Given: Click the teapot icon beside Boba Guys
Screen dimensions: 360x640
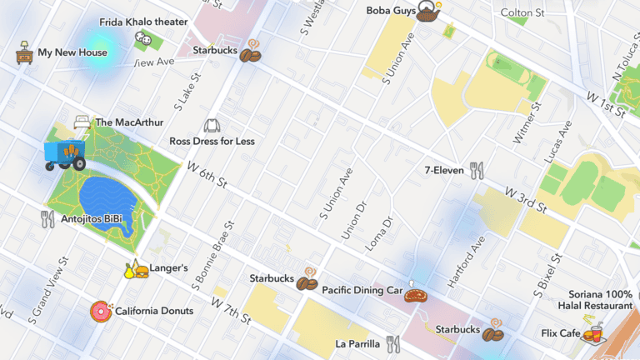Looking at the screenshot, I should [429, 12].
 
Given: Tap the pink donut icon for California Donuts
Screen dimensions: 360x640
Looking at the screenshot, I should [101, 312].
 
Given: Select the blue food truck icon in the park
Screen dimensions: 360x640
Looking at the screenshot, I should [64, 155].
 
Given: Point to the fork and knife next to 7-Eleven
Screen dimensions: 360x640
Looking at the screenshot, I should [477, 171].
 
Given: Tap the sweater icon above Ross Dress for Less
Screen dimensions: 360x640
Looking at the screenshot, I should [212, 126].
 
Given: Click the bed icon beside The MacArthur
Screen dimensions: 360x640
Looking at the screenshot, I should [82, 122].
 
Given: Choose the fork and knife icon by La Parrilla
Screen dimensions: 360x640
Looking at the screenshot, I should [393, 343].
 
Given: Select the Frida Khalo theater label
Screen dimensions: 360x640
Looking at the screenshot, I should [143, 22].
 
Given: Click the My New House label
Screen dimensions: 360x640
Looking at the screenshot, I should [72, 52].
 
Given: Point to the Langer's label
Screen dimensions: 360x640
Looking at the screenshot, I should [168, 268].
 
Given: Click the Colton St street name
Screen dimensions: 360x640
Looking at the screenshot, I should [522, 12].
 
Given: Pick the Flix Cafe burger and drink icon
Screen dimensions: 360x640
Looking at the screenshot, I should [594, 334].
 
